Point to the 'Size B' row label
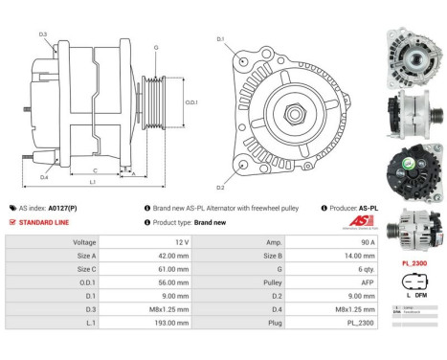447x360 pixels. (x=273, y=258)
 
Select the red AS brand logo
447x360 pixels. (x=359, y=221)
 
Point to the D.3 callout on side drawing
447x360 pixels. (x=43, y=34)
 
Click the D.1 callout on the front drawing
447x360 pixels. (x=220, y=39)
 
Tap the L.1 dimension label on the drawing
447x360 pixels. (x=92, y=181)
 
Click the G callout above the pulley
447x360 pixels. (x=155, y=46)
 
